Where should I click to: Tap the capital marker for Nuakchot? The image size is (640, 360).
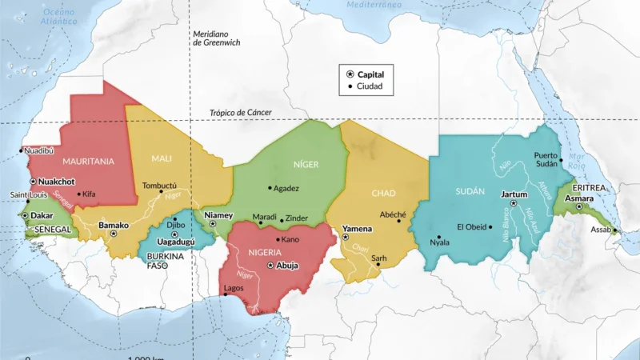[x=34, y=182]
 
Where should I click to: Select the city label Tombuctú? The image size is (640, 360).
[x=158, y=185]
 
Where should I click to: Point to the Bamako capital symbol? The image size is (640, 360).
[x=114, y=234]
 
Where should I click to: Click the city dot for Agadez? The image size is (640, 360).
[x=270, y=188]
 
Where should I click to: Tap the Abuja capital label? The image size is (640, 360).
[x=286, y=266]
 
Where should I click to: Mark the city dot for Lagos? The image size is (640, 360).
[x=228, y=294]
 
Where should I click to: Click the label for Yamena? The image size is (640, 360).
[x=357, y=229]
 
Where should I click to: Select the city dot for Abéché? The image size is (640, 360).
[x=399, y=222]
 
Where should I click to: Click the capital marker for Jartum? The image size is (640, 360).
[x=513, y=203]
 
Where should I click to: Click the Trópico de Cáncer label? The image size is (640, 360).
[x=240, y=113]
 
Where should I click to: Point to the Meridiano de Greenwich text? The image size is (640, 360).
[x=218, y=38]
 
